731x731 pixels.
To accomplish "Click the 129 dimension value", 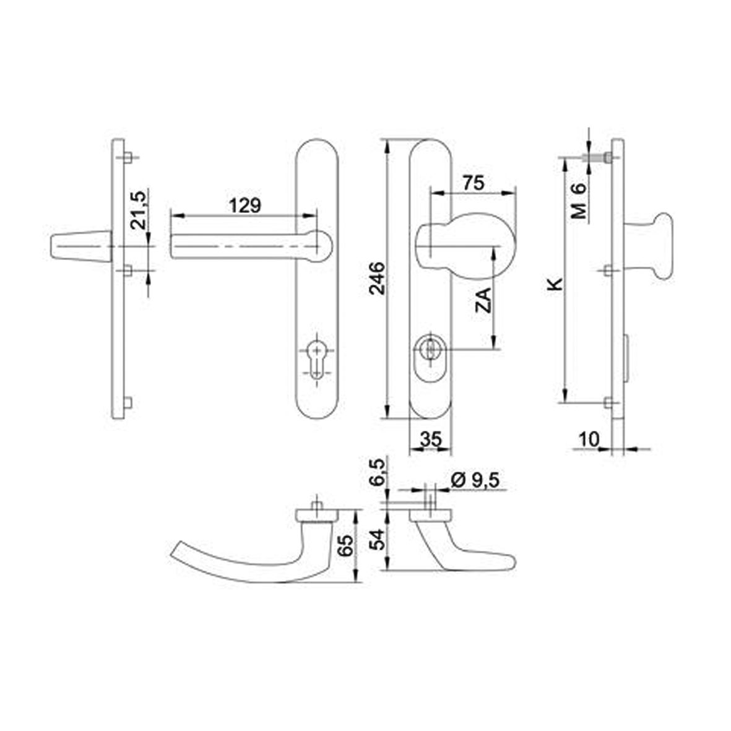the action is click(x=244, y=205).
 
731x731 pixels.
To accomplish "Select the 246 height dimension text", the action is click(x=377, y=279).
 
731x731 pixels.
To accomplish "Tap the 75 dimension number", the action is click(x=474, y=183).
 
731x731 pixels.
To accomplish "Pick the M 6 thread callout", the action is click(x=579, y=201).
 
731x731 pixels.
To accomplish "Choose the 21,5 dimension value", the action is click(x=139, y=210).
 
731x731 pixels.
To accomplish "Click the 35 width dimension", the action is click(x=430, y=439).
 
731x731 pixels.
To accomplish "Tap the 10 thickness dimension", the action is click(x=589, y=439).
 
